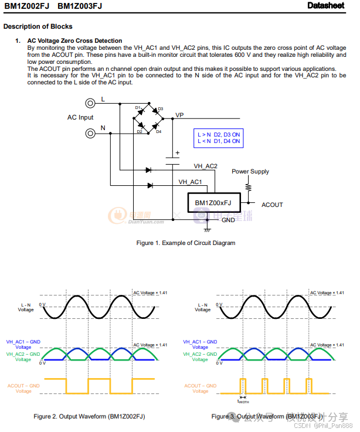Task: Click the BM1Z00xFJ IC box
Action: pos(213,203)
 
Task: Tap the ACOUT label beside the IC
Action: pos(272,205)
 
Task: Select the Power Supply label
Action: pos(250,172)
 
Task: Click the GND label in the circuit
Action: pos(228,220)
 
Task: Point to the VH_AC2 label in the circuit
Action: pos(205,166)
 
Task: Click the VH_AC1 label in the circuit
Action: pos(190,182)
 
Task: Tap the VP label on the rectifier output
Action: pos(179,115)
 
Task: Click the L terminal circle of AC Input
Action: pos(90,103)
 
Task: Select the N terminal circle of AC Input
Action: pos(90,133)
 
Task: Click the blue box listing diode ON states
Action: pos(219,138)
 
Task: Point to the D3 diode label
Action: pos(160,109)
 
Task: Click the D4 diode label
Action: pos(158,132)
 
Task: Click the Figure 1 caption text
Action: pos(185,243)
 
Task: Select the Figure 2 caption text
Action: pos(89,416)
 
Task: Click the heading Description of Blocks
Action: pos(38,26)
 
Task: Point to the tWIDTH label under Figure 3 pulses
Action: pos(243,402)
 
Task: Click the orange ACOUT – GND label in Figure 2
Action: pos(23,388)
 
